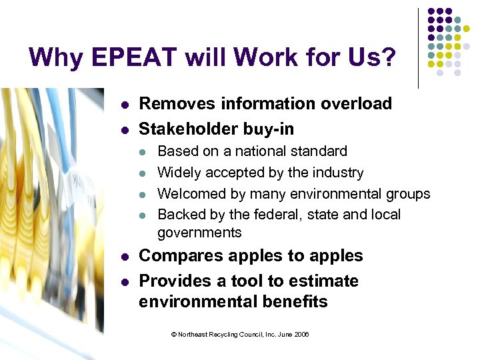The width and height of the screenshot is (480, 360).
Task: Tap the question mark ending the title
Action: (387, 57)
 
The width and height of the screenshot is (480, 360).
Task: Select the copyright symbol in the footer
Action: (174, 334)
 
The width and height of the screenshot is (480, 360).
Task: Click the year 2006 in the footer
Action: (301, 334)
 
